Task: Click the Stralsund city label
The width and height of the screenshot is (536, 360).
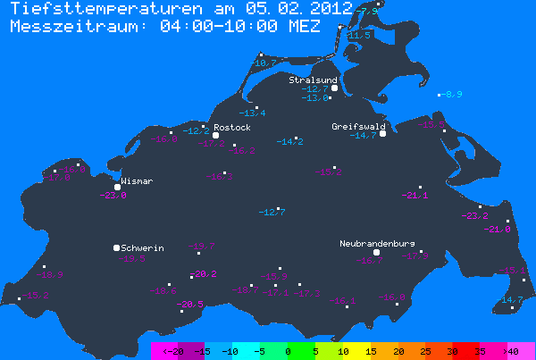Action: point(313,80)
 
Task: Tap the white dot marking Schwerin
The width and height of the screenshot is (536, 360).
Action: point(116,247)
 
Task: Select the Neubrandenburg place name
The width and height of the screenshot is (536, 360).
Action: point(377,243)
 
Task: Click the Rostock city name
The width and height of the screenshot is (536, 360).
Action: point(233,128)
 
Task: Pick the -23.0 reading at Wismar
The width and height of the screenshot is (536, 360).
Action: point(114,196)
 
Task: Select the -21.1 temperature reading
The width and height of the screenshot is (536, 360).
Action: point(415,196)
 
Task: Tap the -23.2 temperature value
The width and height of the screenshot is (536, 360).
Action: point(474,216)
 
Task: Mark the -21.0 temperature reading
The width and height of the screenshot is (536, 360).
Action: point(497,230)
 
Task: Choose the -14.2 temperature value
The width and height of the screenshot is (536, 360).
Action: point(289,142)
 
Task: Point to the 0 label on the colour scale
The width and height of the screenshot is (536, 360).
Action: point(288,352)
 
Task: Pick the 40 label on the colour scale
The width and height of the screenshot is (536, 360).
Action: point(513,352)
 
